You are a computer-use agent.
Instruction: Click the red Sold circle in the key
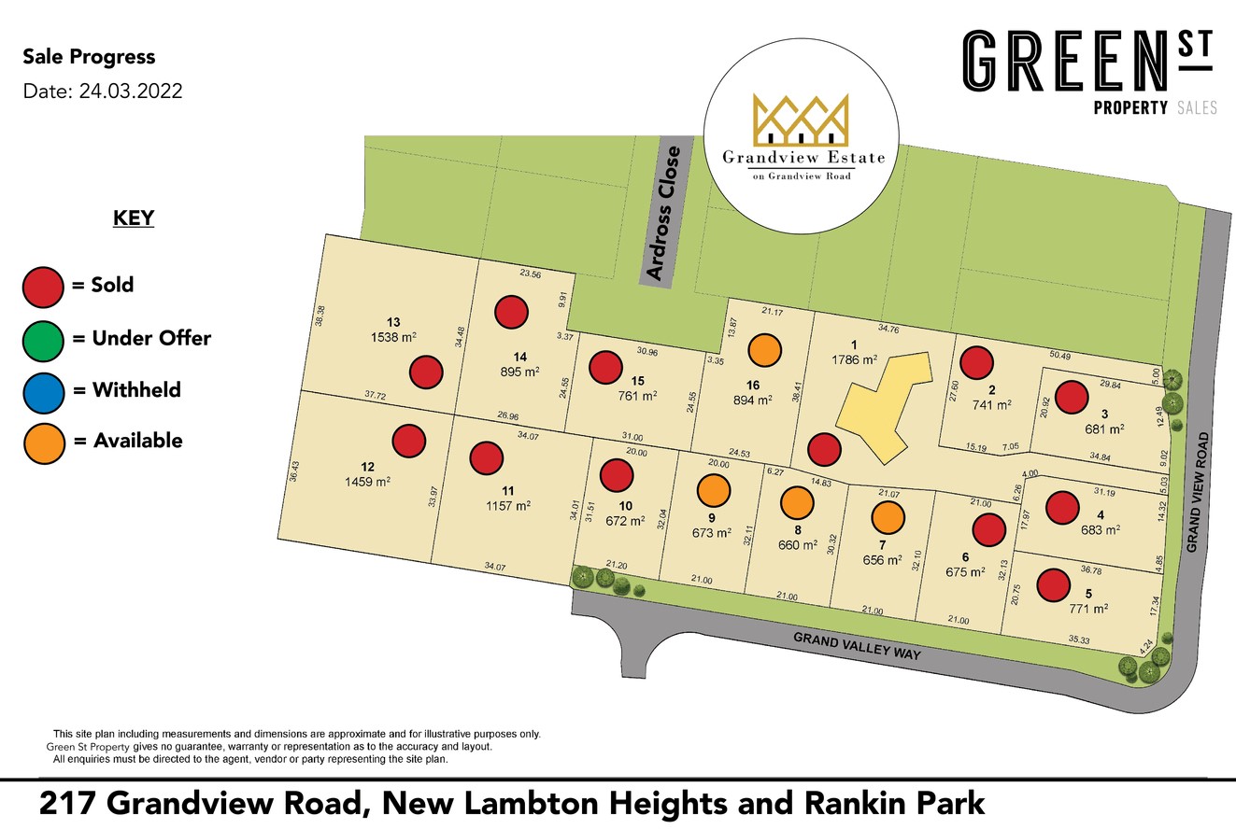43,286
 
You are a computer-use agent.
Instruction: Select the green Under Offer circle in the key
43,338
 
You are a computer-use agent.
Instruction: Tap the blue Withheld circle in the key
43,390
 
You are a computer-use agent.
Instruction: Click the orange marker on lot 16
764,351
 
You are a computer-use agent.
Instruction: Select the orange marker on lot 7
888,517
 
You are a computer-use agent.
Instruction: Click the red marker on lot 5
1054,585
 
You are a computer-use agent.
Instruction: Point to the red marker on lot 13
426,372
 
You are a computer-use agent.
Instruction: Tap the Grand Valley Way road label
858,646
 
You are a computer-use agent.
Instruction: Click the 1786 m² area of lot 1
856,359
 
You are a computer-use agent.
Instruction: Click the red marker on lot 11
486,458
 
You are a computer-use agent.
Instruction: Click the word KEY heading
134,218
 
